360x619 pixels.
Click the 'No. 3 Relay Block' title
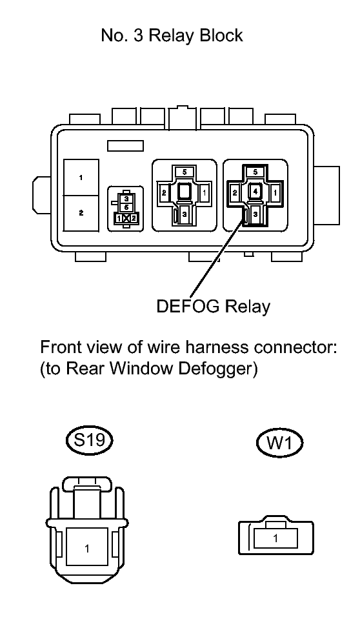tap(172, 36)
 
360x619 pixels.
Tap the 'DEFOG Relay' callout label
tap(213, 307)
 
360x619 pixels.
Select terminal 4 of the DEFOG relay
tap(255, 192)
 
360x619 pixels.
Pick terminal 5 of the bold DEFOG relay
tap(255, 172)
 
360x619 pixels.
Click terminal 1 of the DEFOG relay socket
tap(275, 192)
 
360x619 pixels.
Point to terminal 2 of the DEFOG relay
tap(235, 192)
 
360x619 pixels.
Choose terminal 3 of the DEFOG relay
tap(255, 214)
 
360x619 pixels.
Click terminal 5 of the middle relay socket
tap(185, 172)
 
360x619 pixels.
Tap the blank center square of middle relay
tap(185, 192)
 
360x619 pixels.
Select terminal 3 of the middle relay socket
tap(185, 214)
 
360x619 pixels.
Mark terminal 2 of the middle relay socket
tap(163, 192)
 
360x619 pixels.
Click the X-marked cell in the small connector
tap(126, 218)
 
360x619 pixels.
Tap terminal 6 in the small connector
tap(126, 207)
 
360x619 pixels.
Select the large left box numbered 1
tap(81, 178)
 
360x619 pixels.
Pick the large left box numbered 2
tap(81, 213)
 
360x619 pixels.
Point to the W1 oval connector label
tap(279, 443)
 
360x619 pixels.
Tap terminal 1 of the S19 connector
tap(87, 548)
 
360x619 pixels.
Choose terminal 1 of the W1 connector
tap(275, 538)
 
